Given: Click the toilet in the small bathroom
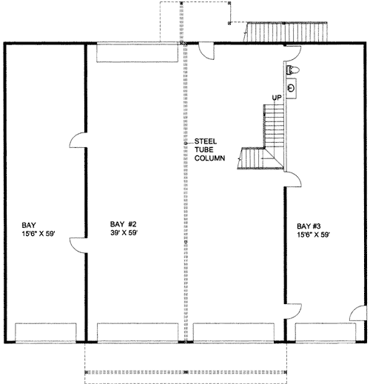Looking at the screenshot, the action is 293,70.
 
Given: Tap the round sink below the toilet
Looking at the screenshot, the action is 292,88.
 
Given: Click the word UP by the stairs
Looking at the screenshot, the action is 277,98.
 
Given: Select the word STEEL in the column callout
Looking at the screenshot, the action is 206,141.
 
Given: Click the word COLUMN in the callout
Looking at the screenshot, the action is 209,158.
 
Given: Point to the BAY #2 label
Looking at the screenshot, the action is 123,224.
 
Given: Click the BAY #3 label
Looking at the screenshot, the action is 309,226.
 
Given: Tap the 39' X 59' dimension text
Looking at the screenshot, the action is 124,233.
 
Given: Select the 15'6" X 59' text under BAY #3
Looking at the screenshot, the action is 313,235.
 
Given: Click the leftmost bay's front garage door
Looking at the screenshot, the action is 46,333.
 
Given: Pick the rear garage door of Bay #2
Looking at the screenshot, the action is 137,53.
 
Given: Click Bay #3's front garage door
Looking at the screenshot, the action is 326,333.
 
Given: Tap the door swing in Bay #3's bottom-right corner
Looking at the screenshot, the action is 358,314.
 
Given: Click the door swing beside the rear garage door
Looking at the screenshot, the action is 206,51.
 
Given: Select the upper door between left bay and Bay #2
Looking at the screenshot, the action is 78,140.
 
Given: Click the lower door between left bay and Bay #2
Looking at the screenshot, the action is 78,246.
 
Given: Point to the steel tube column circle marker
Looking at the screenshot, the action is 186,143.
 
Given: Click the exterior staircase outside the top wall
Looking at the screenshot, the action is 286,32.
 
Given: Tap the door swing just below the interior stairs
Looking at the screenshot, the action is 293,179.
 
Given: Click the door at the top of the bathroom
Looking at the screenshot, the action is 292,53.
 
